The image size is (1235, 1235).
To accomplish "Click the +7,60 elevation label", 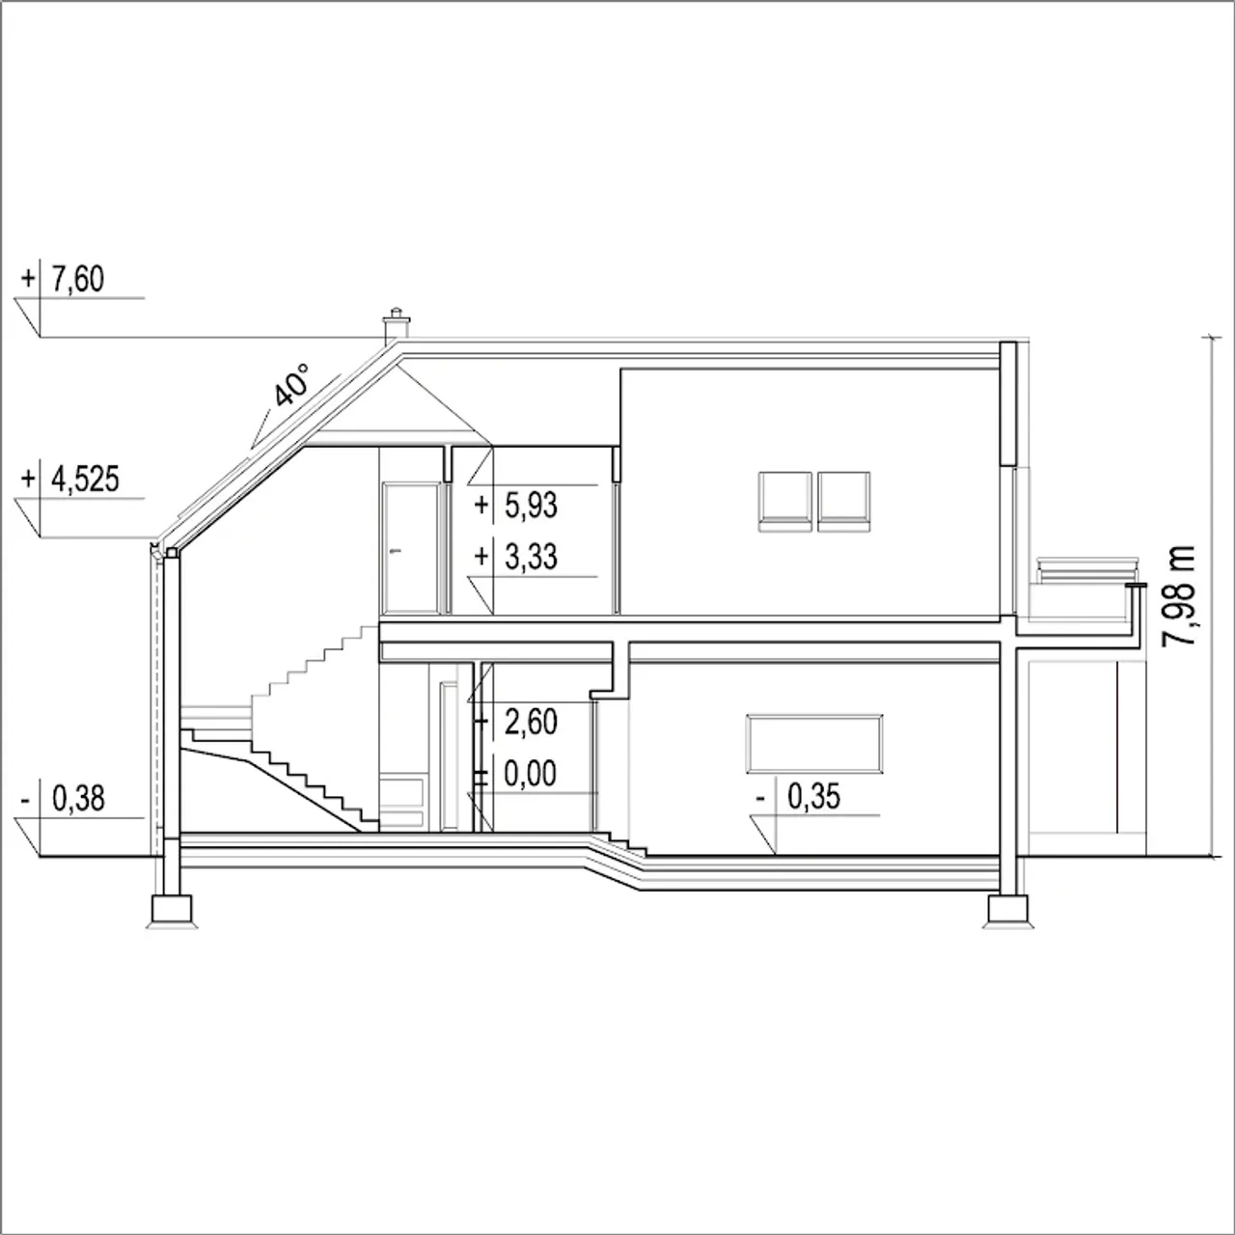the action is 62,280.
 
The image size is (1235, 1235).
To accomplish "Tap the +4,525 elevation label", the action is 69,479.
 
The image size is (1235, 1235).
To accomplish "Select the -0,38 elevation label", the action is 62,799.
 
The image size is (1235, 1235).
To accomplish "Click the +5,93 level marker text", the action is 516,505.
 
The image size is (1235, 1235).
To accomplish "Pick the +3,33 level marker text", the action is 516,557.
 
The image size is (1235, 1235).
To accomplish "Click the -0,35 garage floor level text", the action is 798,797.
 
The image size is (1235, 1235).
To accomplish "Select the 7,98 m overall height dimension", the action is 1179,596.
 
